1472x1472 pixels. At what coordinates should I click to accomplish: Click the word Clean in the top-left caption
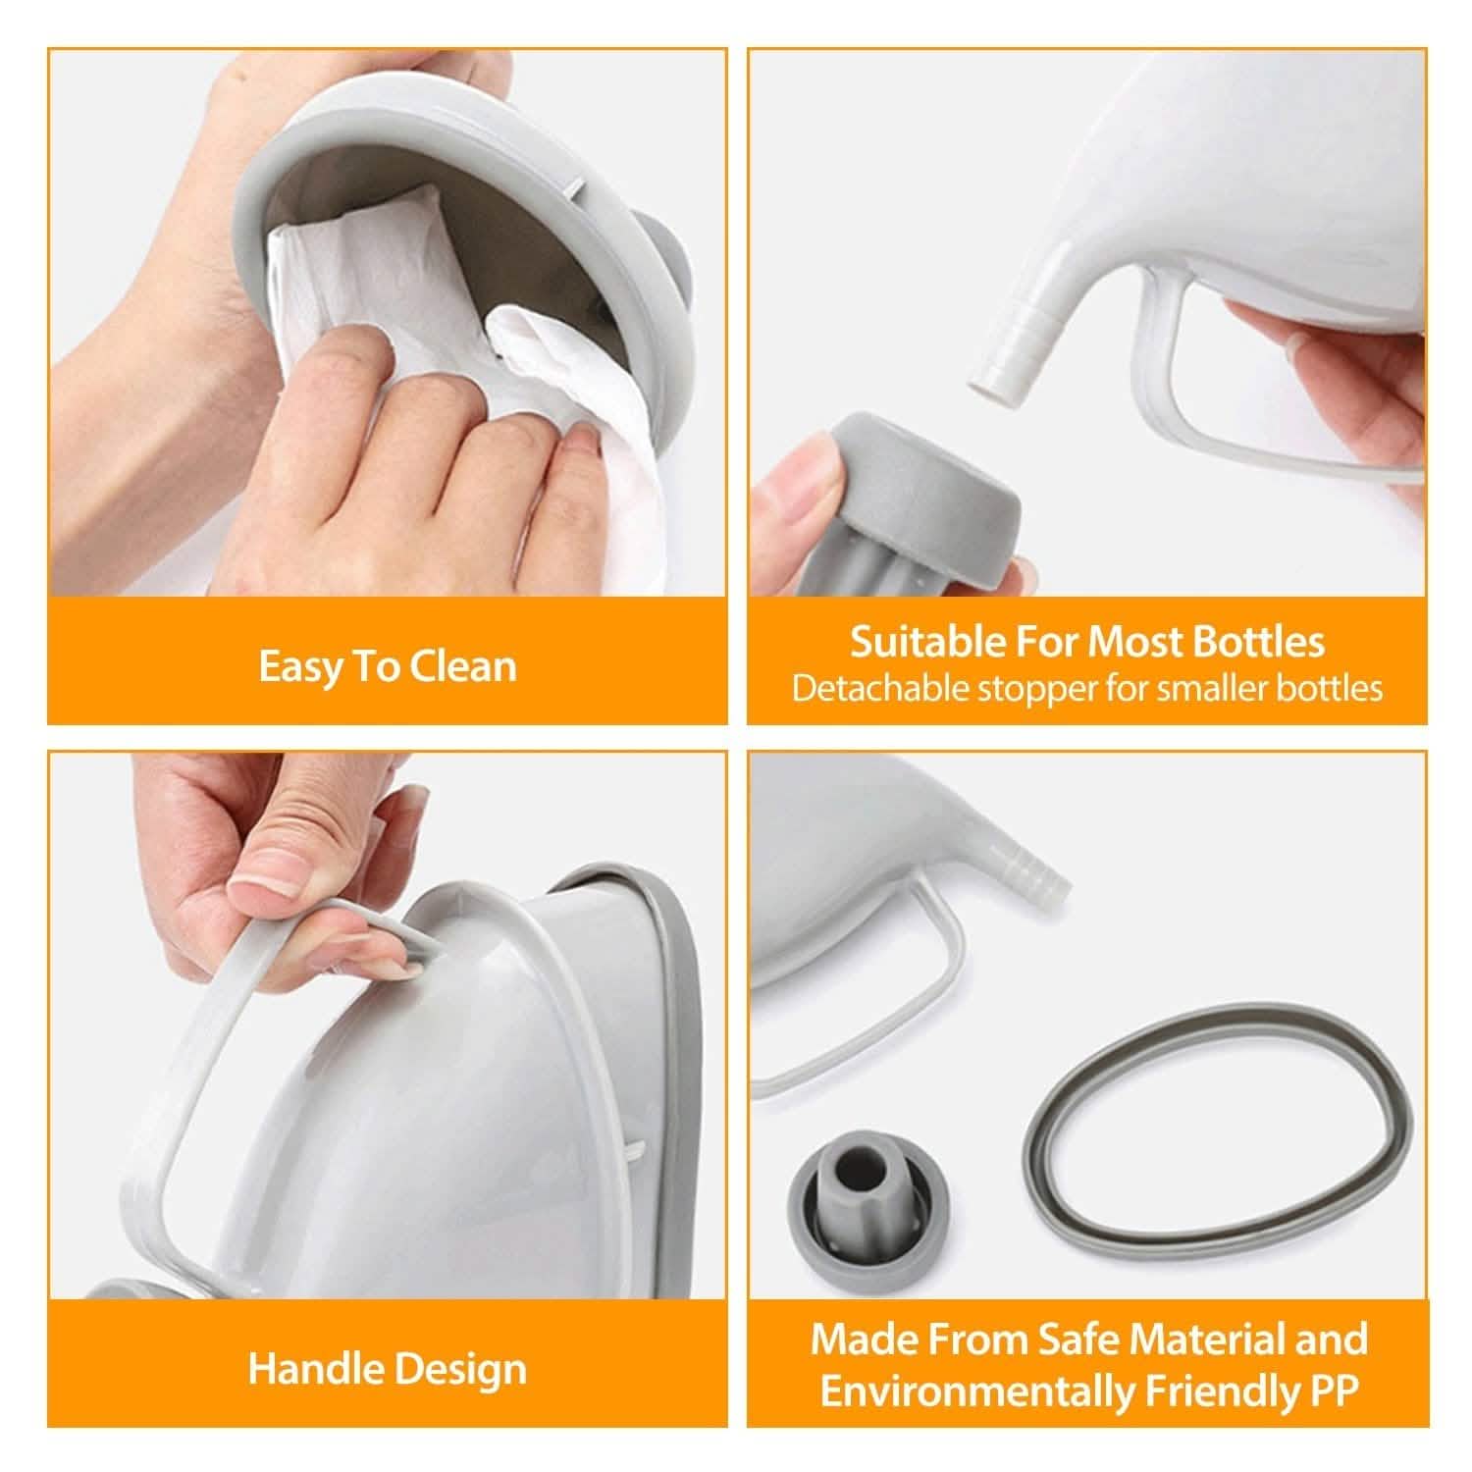(x=462, y=666)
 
